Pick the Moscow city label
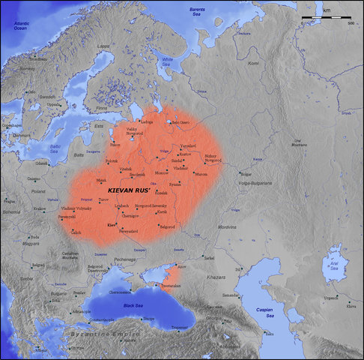(x=161, y=172)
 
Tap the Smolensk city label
(x=138, y=174)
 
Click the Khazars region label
(x=237, y=277)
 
